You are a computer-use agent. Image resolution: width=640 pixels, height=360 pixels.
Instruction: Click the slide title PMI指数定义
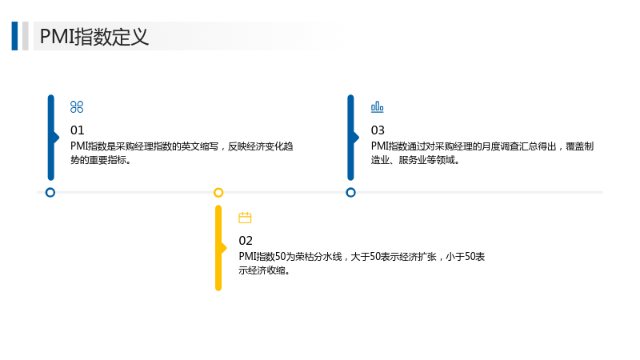tap(94, 36)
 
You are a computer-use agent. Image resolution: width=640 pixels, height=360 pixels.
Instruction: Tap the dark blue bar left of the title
tap(14, 36)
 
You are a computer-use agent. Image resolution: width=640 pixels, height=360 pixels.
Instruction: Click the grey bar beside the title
tap(26, 36)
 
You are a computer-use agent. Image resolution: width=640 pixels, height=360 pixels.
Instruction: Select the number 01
tap(77, 130)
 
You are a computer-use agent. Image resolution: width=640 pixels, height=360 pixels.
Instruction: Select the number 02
tap(246, 241)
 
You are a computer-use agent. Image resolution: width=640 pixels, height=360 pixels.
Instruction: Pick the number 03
tap(378, 130)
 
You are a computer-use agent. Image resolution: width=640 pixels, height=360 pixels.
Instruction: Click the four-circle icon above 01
tap(77, 107)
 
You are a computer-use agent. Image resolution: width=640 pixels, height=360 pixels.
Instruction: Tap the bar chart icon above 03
tap(377, 107)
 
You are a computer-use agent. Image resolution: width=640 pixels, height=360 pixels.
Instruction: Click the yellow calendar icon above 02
tap(245, 218)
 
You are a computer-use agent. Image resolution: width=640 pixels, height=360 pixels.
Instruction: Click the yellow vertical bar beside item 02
tap(218, 248)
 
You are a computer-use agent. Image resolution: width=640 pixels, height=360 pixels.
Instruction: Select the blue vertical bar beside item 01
tap(51, 138)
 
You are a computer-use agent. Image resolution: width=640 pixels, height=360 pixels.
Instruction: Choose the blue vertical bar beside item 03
tap(351, 138)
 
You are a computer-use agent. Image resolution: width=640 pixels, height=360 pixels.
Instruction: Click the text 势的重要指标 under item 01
tap(98, 160)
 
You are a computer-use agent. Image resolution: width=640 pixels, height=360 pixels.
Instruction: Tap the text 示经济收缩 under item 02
tap(262, 270)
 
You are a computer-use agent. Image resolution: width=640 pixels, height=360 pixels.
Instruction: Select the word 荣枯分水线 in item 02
tap(318, 256)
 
